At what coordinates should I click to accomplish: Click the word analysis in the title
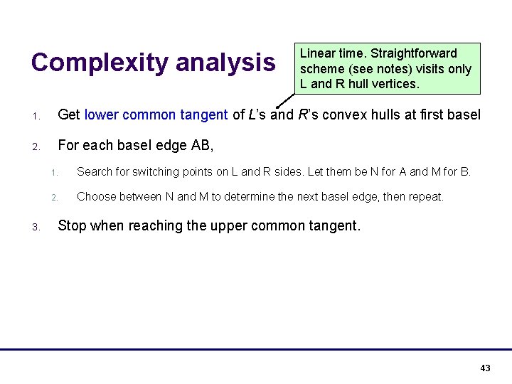coord(225,63)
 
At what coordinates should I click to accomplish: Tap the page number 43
coord(486,368)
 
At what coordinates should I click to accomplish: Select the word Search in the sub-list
coord(95,171)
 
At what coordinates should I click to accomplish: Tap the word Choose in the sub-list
coord(97,196)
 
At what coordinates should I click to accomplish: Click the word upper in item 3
coord(242,226)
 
